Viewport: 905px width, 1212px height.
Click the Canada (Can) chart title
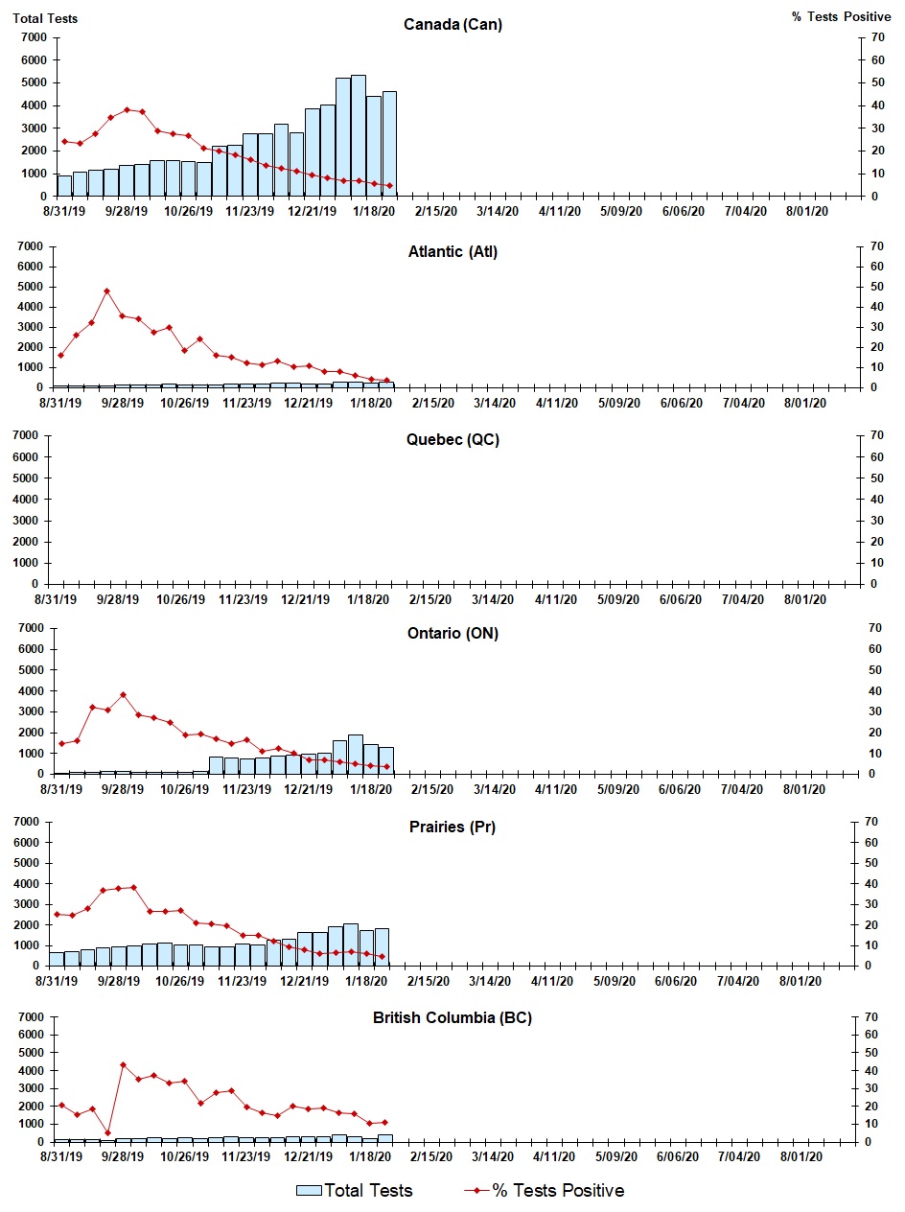[452, 25]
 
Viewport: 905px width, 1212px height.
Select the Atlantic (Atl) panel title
[452, 252]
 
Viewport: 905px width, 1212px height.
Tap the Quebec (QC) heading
[452, 440]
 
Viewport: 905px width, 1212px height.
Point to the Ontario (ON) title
[452, 633]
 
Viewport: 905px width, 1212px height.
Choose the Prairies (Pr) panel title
[452, 827]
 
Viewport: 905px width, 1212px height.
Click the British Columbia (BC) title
[452, 1017]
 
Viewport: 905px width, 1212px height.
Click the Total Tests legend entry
[355, 1191]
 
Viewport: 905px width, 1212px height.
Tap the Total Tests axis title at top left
[45, 17]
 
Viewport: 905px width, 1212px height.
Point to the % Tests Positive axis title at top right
[841, 17]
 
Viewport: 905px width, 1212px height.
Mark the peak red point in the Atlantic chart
[107, 291]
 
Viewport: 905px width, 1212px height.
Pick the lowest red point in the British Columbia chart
[107, 1132]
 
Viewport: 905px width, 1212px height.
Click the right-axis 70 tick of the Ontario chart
[874, 628]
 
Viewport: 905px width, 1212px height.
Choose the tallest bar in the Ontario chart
[356, 754]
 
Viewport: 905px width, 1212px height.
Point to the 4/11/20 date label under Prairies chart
[552, 982]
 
